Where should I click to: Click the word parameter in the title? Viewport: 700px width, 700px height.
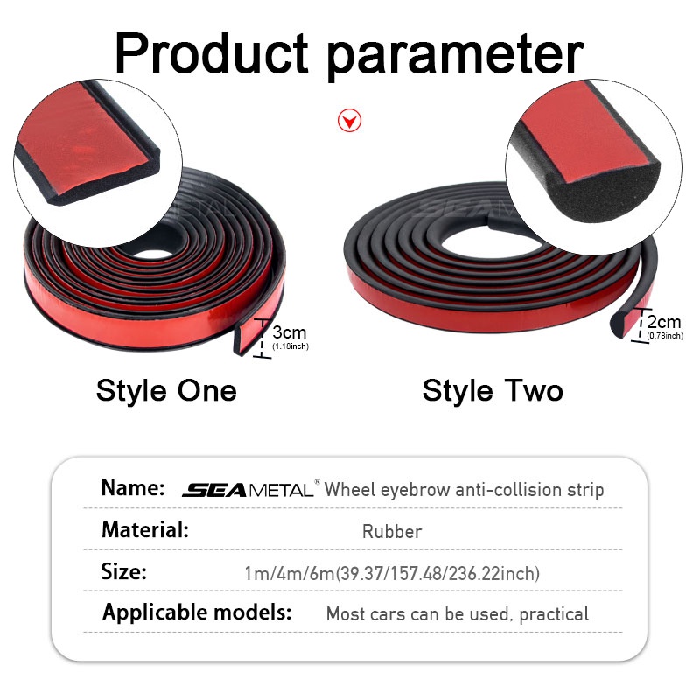(x=455, y=57)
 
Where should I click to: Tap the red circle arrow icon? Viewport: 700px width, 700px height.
(x=349, y=121)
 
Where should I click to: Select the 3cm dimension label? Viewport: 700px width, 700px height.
(x=290, y=332)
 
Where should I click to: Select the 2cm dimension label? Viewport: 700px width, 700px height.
(x=664, y=322)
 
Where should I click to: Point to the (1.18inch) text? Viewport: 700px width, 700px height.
(x=290, y=346)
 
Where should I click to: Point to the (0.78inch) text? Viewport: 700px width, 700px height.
(x=665, y=336)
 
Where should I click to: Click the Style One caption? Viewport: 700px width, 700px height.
(x=166, y=391)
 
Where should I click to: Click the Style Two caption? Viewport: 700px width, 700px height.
(x=493, y=391)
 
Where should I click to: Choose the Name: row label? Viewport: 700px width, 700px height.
(x=133, y=487)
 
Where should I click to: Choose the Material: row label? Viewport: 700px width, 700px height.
(x=145, y=530)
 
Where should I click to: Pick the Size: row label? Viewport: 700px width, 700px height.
(x=123, y=571)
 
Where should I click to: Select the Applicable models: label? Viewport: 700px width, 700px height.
(x=197, y=612)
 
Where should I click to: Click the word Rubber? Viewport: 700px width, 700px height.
(x=392, y=532)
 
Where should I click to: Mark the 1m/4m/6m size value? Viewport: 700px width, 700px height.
(x=290, y=574)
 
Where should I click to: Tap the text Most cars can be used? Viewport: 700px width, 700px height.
(x=418, y=614)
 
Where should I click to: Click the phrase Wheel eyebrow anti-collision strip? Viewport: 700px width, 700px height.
(x=464, y=490)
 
